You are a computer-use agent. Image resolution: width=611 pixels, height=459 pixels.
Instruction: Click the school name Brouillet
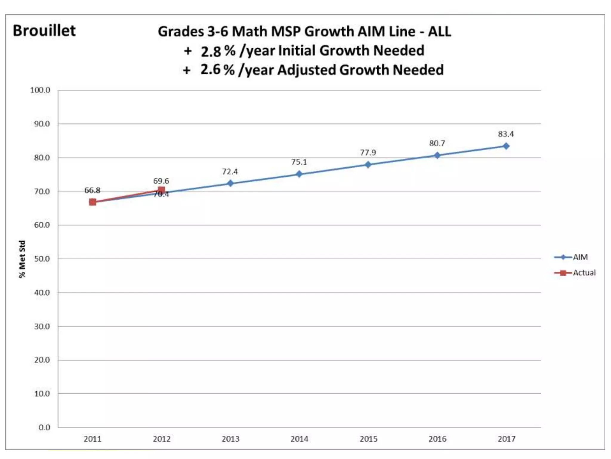44,31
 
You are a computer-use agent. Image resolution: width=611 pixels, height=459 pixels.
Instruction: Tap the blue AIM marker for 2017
506,146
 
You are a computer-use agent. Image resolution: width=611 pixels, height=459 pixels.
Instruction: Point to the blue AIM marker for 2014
299,174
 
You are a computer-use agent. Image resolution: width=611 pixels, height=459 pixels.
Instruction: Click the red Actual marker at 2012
161,190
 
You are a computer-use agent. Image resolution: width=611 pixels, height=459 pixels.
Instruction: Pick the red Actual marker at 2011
92,202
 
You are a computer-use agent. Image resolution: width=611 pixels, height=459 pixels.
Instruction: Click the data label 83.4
506,134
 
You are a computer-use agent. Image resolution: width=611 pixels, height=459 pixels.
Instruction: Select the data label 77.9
368,153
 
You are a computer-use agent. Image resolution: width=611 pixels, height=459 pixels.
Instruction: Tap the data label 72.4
230,172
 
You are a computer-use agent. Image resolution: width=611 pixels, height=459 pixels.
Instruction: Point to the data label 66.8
92,190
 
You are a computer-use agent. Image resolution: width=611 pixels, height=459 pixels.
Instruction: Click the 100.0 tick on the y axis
40,90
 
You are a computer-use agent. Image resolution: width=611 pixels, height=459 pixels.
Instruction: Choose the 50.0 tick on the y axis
42,259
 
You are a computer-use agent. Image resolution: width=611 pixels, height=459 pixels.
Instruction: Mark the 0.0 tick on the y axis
44,428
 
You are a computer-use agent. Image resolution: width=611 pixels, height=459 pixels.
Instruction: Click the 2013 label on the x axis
230,439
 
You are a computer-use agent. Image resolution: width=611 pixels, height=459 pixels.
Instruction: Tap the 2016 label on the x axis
437,439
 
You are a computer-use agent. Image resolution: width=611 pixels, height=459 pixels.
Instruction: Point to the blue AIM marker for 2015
368,165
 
